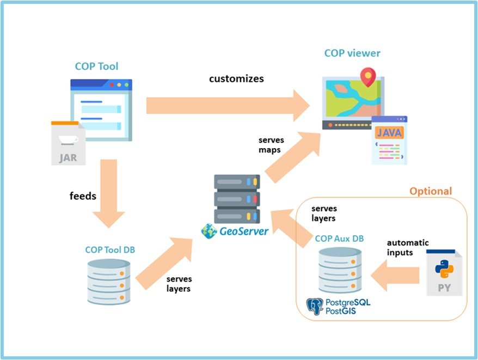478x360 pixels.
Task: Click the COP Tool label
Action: coord(96,67)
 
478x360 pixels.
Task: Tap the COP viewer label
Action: coord(352,53)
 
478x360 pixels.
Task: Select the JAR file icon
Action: coord(68,143)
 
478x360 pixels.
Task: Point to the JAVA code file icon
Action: coord(389,140)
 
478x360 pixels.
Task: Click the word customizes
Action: coord(236,78)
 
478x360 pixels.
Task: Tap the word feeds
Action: coord(83,196)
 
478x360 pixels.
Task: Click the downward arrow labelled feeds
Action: coord(108,193)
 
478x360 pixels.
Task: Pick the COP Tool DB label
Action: coord(110,250)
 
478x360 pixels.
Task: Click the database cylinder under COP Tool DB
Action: coord(109,282)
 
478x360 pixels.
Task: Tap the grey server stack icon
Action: coord(236,198)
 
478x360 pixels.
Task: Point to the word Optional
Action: coord(430,191)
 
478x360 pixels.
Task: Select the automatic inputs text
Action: coord(407,247)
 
